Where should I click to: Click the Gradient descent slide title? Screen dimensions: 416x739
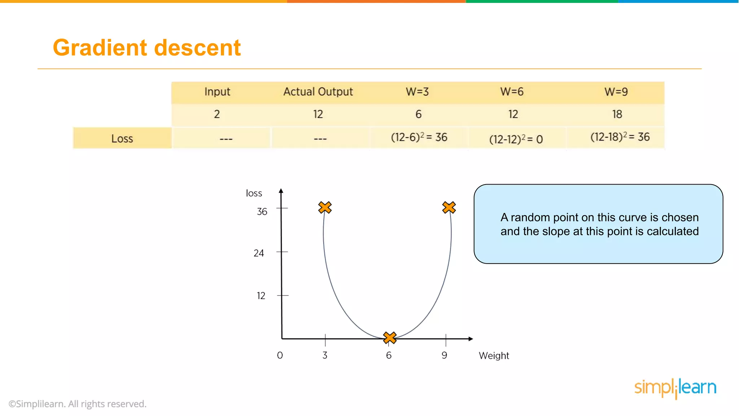(x=147, y=48)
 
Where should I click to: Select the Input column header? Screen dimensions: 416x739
(x=217, y=92)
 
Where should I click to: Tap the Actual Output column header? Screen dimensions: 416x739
(x=318, y=92)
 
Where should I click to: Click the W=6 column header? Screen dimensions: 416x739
(x=512, y=92)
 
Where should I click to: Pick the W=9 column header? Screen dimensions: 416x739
(x=616, y=92)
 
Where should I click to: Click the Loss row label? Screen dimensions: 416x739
(x=122, y=139)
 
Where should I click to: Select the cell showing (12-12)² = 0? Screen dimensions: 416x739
(x=516, y=139)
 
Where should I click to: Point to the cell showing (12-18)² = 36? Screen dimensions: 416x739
(x=620, y=137)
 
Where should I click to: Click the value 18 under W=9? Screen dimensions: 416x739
(x=617, y=114)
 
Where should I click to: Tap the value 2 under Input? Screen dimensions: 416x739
(x=217, y=114)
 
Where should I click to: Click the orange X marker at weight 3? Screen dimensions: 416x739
(x=325, y=207)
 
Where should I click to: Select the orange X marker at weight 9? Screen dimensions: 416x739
(x=449, y=207)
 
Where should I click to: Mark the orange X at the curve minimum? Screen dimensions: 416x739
(x=390, y=338)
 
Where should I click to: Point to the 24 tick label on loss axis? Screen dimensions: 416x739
(x=259, y=253)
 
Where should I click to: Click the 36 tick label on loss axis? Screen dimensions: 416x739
(x=262, y=212)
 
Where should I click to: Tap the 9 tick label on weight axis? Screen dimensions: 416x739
(x=444, y=355)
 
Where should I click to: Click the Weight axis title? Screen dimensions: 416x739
(x=494, y=356)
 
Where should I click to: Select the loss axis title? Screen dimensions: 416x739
(x=254, y=193)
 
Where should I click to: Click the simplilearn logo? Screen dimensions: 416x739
(x=675, y=388)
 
